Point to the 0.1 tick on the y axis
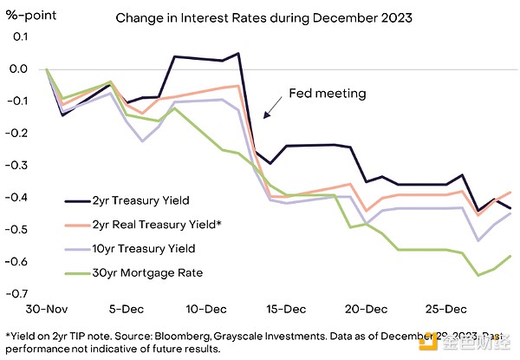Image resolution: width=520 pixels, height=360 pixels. click(x=18, y=37)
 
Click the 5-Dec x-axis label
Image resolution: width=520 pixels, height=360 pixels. click(x=126, y=309)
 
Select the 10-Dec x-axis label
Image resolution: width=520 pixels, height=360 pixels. click(x=205, y=309)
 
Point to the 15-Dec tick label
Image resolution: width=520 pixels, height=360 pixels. click(x=285, y=309)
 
